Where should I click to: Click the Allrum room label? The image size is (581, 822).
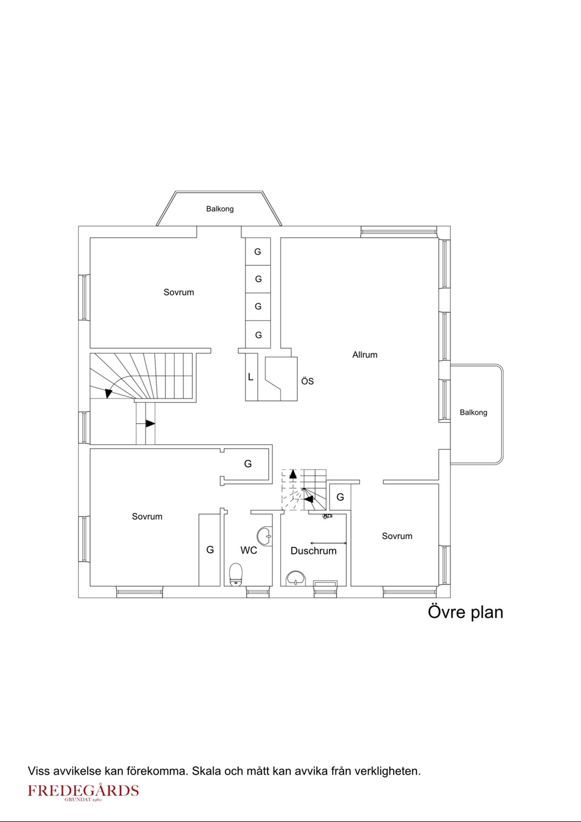pos(364,355)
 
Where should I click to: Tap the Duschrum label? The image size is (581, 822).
pos(314,550)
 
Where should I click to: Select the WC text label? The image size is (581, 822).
pos(248,550)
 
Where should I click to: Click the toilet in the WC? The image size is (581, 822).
pos(236,574)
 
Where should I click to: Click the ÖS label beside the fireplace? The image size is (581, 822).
pos(307,381)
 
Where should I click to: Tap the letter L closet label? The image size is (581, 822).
pos(250,377)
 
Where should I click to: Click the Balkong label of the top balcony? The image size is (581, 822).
pos(220,209)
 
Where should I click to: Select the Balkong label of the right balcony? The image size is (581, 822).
pos(474,413)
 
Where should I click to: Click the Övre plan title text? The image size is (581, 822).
pos(465,612)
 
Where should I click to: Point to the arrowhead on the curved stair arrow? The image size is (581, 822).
pos(109,393)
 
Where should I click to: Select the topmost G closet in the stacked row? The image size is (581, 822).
pos(258,252)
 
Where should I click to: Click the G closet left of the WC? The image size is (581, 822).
pos(210,550)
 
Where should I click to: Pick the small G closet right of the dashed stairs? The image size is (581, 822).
pos(340,497)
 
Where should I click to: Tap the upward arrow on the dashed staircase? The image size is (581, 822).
pos(293,475)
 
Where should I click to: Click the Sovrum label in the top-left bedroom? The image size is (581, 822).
pos(179,293)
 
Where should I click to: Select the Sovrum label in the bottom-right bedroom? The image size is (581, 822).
pos(397,536)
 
